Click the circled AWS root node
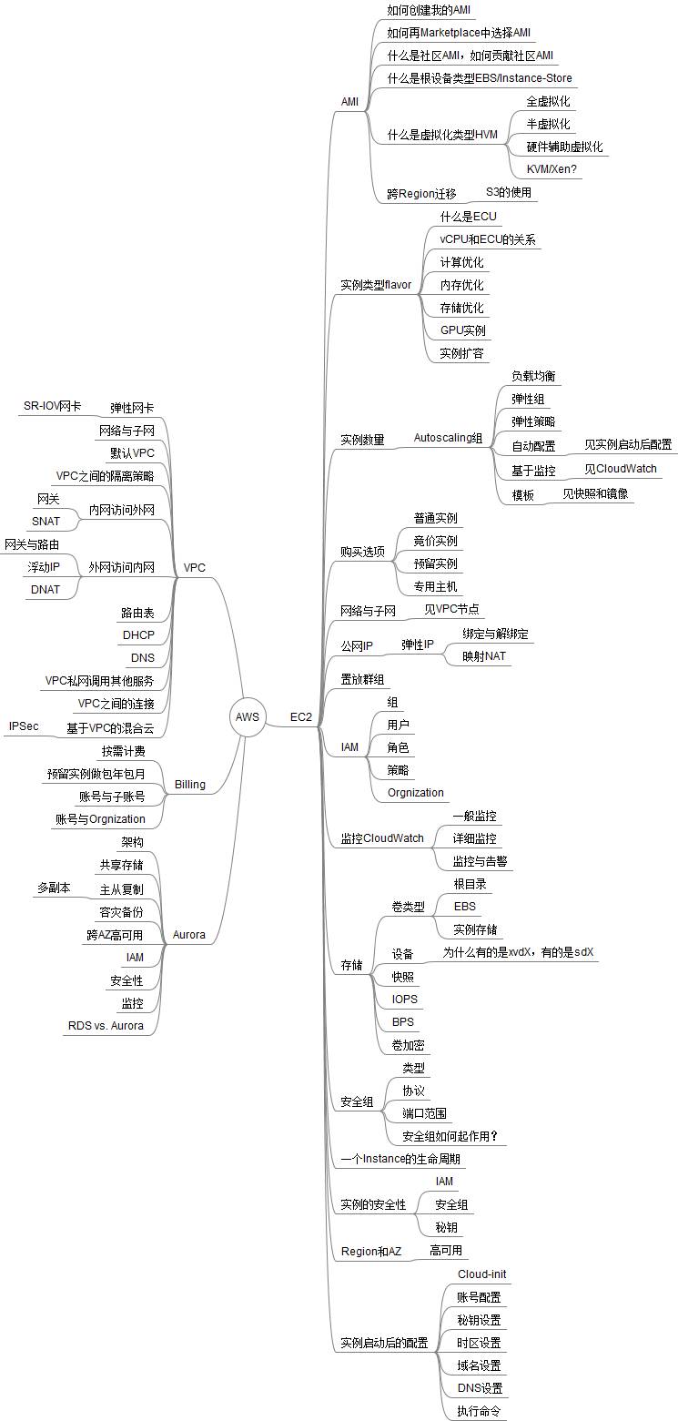248,716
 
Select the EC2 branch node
301,717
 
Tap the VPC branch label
195,567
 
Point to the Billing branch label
189,784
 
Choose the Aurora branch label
189,934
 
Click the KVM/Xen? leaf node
552,168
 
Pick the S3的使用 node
508,192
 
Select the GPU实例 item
462,330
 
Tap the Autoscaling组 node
448,439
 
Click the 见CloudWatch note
620,469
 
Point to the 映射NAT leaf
484,655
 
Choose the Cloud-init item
481,1274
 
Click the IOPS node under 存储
405,999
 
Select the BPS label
403,1021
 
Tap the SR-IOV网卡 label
52,406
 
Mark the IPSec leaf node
24,726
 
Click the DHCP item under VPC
138,634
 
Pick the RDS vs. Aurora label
105,1025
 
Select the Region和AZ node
370,1252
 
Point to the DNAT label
46,589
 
